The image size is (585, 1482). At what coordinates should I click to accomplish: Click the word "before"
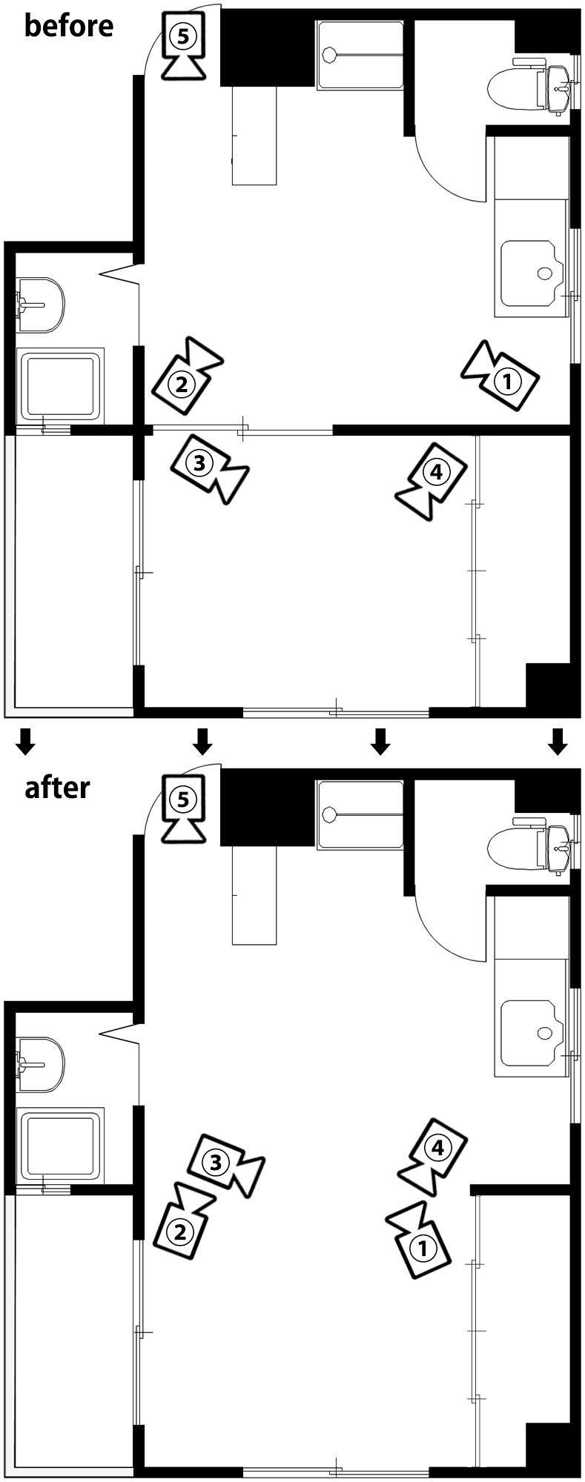69,26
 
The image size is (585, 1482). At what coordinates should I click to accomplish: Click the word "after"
58,787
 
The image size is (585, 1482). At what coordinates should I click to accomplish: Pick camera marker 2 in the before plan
187,376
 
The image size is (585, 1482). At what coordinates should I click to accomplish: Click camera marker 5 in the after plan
183,807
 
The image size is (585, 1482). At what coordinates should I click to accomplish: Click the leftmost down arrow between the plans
26,741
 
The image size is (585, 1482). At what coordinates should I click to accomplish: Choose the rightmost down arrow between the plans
558,741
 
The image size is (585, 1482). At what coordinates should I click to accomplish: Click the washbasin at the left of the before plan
40,304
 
